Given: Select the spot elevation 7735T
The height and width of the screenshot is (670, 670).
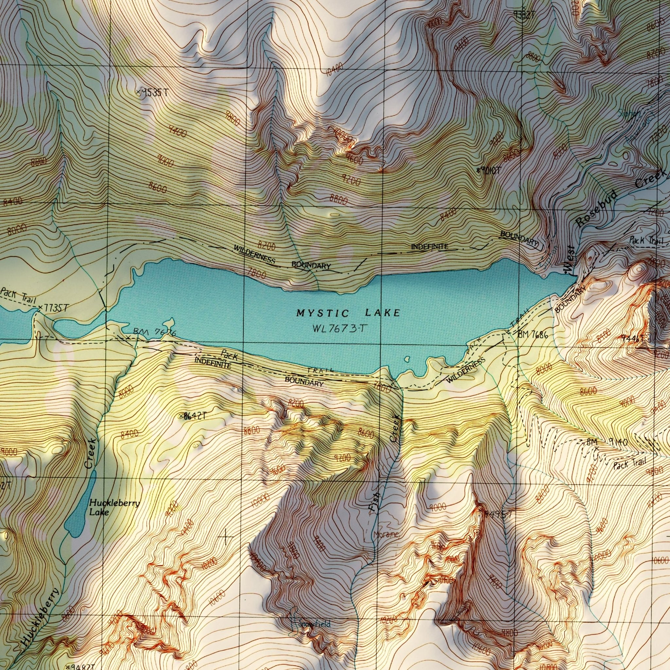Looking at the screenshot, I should pyautogui.click(x=54, y=308).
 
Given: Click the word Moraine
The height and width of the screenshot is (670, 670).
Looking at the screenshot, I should pyautogui.click(x=386, y=535).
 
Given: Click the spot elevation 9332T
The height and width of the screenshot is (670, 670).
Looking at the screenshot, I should pyautogui.click(x=524, y=14).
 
